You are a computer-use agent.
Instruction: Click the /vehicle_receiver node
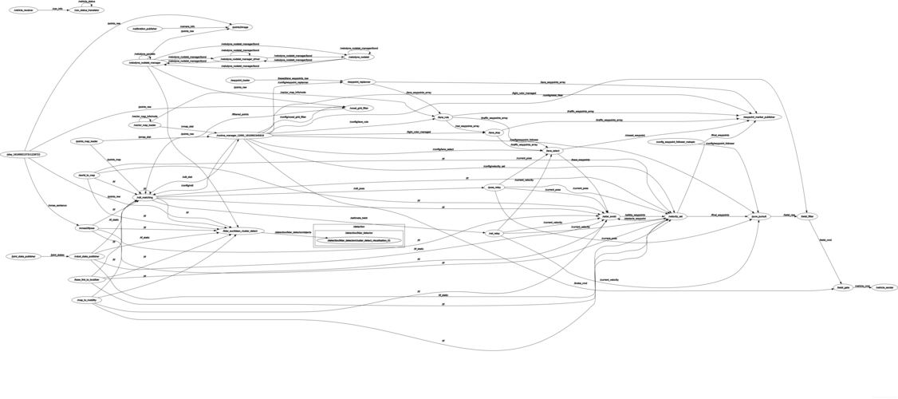click(23, 10)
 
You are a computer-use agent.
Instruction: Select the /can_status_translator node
click(87, 10)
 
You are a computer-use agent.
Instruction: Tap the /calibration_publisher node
click(144, 29)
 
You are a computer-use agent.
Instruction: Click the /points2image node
click(239, 27)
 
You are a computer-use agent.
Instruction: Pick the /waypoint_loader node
click(241, 81)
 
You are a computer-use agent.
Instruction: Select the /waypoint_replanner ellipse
click(358, 82)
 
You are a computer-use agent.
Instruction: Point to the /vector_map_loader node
click(144, 125)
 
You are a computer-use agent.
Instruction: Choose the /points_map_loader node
click(87, 141)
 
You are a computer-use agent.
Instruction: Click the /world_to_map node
click(87, 175)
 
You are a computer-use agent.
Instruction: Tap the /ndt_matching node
click(144, 196)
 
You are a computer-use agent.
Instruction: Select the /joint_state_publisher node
click(23, 256)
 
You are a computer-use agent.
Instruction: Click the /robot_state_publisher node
click(87, 256)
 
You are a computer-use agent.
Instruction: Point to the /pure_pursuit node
click(758, 216)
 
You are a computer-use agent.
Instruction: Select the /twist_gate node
click(843, 287)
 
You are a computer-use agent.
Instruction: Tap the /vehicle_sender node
click(884, 287)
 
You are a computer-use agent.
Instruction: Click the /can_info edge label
click(57, 8)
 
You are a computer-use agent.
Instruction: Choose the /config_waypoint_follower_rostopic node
click(675, 142)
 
